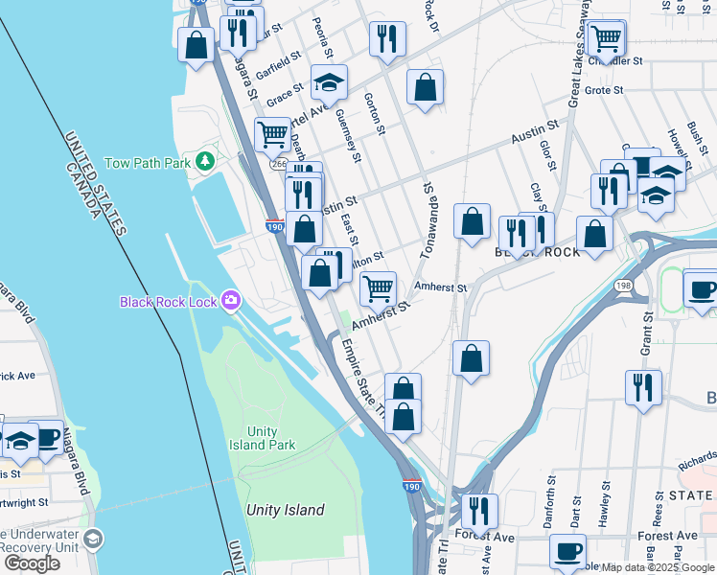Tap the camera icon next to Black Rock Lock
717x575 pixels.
230,301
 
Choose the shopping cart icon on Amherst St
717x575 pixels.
379,287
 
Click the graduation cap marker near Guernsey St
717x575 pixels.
329,83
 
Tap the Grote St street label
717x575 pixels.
604,90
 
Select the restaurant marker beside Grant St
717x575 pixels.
641,387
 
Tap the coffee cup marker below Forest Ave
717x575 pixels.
567,552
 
